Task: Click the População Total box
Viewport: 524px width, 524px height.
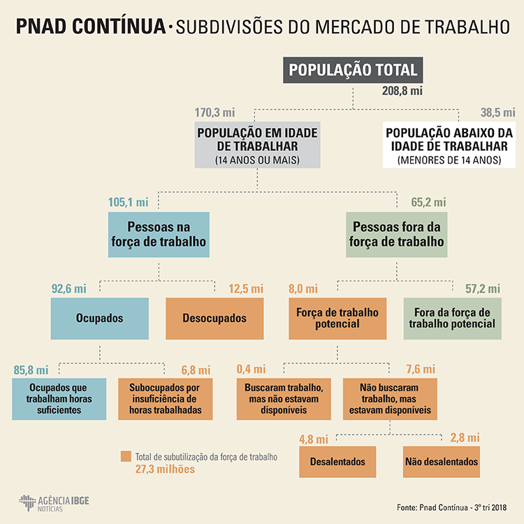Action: (353, 70)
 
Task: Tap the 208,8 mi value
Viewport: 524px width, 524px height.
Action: (402, 91)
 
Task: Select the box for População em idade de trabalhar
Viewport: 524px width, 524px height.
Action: (257, 145)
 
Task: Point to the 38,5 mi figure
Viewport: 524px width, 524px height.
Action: (497, 112)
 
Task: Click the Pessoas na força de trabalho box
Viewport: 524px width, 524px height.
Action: (159, 235)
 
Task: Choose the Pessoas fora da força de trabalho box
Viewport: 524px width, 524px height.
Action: (397, 235)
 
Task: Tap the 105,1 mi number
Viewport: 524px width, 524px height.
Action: (128, 202)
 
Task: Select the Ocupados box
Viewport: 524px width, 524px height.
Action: (100, 319)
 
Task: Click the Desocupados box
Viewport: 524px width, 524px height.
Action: (214, 319)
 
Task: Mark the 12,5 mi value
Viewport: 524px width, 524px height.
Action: (246, 289)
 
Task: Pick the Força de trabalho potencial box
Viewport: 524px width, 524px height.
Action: (337, 319)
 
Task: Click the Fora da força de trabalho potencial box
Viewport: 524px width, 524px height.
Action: (453, 319)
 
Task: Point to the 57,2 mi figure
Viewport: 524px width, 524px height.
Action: (483, 289)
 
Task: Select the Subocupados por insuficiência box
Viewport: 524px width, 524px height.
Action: (166, 399)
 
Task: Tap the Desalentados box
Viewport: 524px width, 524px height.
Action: (337, 462)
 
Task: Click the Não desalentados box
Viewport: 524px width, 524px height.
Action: (442, 462)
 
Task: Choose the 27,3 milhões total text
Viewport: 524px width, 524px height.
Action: (165, 470)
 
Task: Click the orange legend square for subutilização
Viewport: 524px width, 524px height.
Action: (126, 456)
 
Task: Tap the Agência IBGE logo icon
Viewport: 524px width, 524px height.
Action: (27, 502)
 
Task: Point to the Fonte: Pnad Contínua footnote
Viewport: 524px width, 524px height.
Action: (452, 508)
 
